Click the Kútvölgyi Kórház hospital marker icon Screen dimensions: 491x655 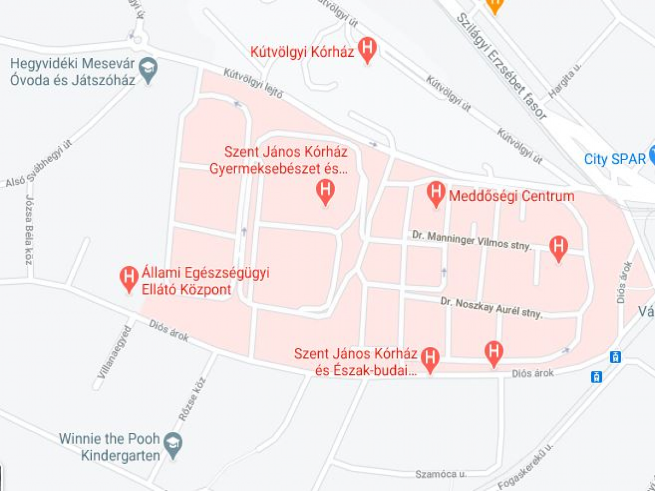[x=368, y=49]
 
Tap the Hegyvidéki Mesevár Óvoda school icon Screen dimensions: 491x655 [x=148, y=70]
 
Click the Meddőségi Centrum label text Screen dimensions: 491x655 [x=511, y=196]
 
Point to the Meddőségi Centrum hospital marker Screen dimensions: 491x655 [x=436, y=192]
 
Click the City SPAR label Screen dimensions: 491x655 [x=615, y=159]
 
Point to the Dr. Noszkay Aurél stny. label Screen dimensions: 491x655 [x=492, y=307]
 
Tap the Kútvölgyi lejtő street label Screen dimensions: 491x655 [x=253, y=83]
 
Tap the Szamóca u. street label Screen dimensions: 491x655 [x=440, y=474]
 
